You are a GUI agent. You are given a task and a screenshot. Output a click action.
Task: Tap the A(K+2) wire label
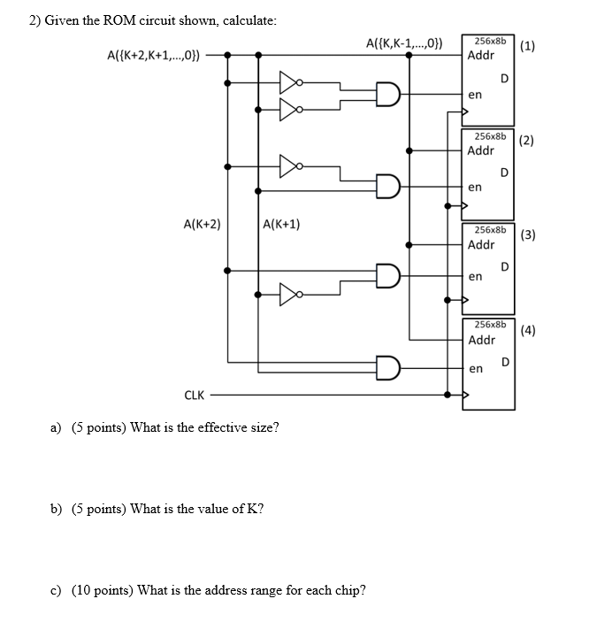(x=202, y=225)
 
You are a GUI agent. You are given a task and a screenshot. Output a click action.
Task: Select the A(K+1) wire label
(x=281, y=225)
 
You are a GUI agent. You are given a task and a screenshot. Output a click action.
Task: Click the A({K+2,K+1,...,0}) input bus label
(x=153, y=55)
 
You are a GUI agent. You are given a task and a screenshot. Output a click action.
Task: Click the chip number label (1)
(x=528, y=46)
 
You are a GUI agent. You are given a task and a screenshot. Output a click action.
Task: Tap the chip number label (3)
(x=528, y=234)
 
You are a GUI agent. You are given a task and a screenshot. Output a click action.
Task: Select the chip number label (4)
(x=528, y=331)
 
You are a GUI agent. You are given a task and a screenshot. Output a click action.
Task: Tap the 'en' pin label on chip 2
(x=475, y=187)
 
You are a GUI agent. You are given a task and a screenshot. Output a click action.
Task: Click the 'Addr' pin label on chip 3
(x=481, y=244)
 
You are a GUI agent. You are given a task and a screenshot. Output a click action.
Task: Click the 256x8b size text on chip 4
(x=490, y=325)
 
